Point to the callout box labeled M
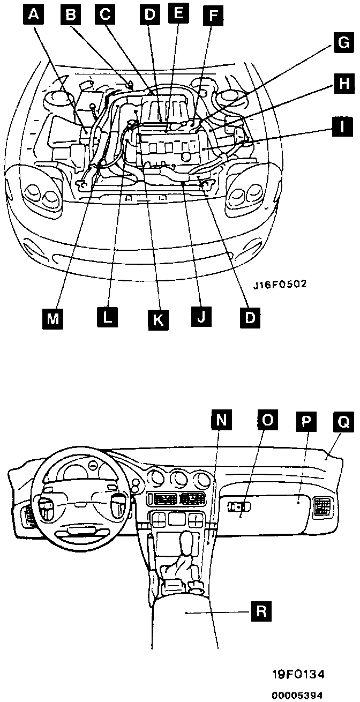click(52, 318)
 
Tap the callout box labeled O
click(267, 419)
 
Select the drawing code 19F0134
click(298, 673)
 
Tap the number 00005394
click(297, 695)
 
